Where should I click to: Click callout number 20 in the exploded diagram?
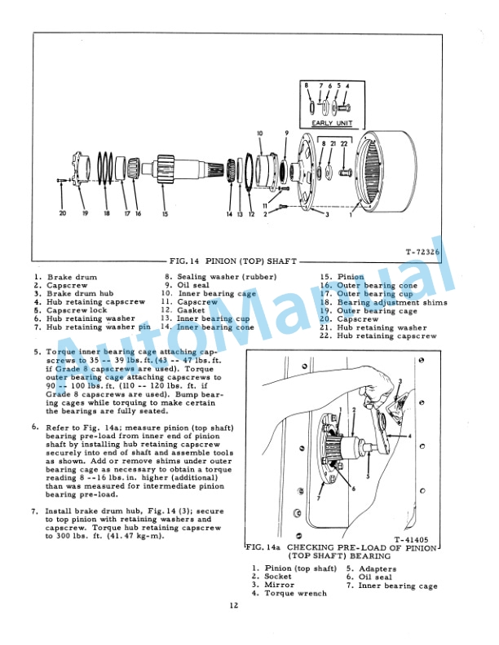(63, 213)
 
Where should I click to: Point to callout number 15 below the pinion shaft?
(164, 214)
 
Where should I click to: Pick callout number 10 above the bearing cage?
(259, 132)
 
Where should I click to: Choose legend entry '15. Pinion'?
(342, 277)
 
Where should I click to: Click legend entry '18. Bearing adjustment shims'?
(383, 302)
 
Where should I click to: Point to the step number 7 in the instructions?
(36, 511)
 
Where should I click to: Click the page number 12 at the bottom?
(234, 627)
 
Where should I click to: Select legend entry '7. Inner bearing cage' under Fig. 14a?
(391, 586)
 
